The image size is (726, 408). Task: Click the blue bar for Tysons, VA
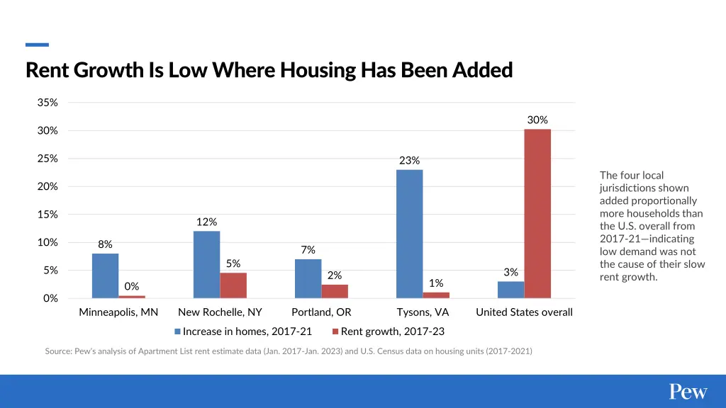(x=409, y=234)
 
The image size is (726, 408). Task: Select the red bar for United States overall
(x=537, y=213)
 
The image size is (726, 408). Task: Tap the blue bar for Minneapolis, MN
(x=105, y=276)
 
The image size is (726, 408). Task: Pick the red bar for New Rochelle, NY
(x=233, y=285)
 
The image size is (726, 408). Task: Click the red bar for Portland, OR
(x=335, y=291)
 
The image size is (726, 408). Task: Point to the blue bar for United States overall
(x=510, y=290)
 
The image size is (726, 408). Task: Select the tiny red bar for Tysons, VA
(x=436, y=295)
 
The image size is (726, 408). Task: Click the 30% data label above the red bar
(x=537, y=120)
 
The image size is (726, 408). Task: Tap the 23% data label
(x=409, y=160)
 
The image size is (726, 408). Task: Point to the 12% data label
(x=206, y=222)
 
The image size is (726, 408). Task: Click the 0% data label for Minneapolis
(x=132, y=286)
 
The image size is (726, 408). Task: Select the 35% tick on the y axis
(x=48, y=103)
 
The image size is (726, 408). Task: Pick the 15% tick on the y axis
(x=48, y=215)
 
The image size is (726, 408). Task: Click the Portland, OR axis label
(x=321, y=312)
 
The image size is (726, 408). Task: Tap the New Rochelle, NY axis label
(x=220, y=312)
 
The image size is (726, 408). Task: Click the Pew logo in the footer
(x=688, y=392)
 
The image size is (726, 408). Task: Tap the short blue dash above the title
(x=37, y=45)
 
